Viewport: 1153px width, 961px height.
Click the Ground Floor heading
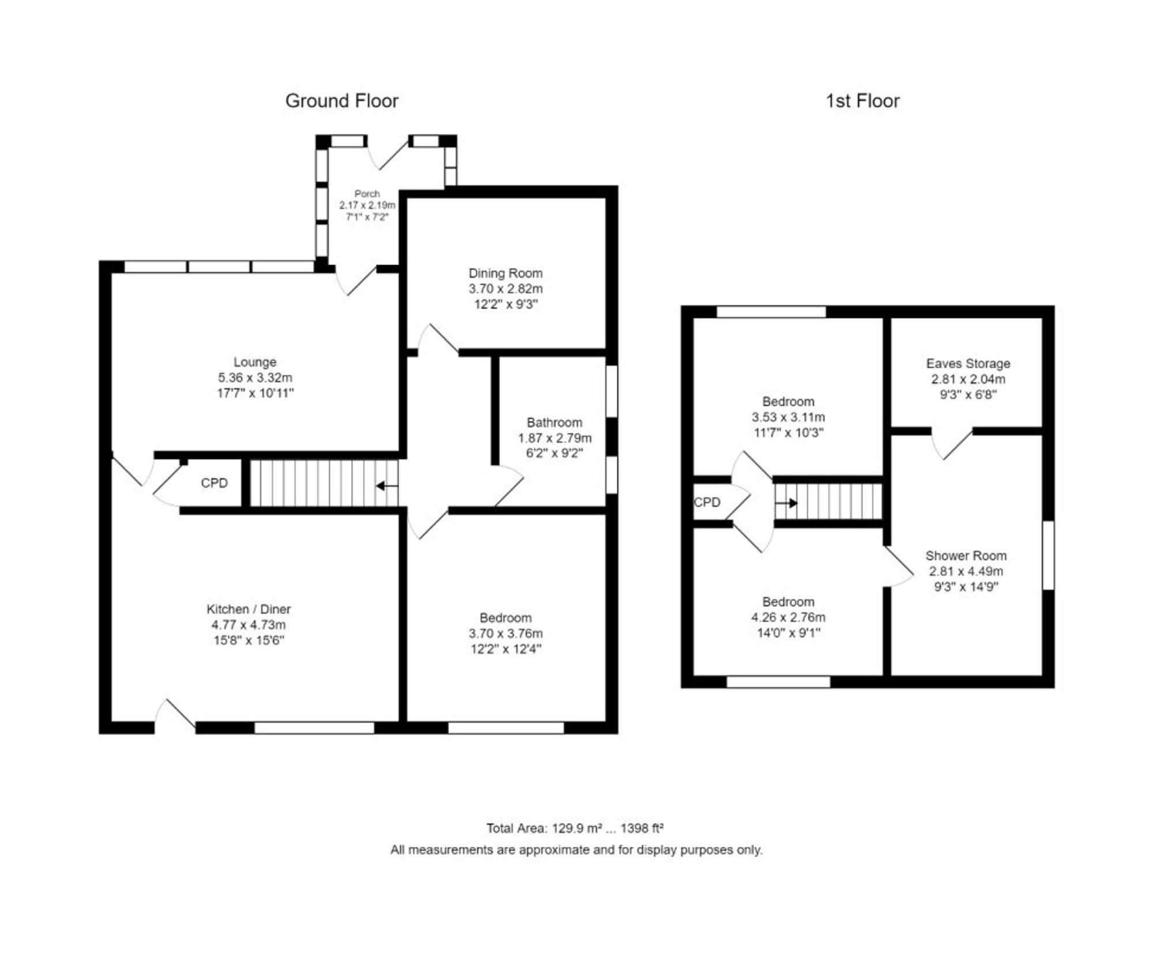tap(341, 101)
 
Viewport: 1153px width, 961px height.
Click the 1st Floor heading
tap(862, 101)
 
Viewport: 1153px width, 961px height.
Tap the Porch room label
tap(367, 194)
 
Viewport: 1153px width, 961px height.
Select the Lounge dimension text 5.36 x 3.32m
tap(255, 378)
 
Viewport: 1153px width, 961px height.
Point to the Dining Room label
tap(505, 273)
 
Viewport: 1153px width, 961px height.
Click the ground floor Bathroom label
tap(554, 423)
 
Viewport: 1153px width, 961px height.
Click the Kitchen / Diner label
tap(248, 609)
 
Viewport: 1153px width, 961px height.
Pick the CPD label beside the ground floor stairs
tap(214, 483)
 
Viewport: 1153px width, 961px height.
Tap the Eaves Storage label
tap(968, 364)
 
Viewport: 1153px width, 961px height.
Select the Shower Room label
tap(966, 556)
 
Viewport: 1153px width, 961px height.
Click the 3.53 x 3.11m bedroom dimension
tap(787, 417)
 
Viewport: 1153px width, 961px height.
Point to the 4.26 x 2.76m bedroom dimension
tap(787, 617)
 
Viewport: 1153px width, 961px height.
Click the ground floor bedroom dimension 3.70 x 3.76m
tap(505, 634)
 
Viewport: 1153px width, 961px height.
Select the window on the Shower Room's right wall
tap(1048, 555)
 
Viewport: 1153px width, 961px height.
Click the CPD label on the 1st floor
tap(707, 503)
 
